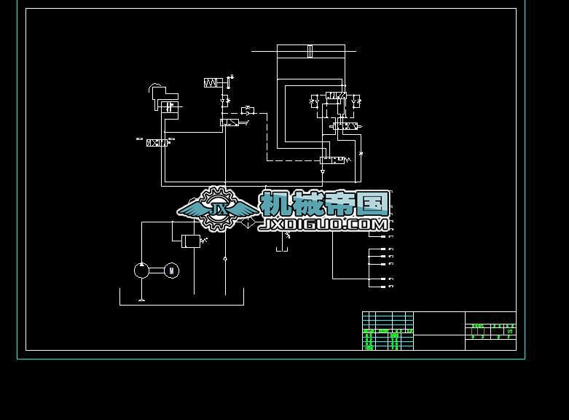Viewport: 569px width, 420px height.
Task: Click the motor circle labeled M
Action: (x=172, y=271)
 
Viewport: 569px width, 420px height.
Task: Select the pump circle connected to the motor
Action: (x=141, y=271)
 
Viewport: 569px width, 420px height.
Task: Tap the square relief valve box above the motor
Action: (x=190, y=241)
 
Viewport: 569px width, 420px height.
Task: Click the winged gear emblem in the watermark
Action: (x=216, y=209)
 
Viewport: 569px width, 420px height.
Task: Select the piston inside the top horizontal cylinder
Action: (x=310, y=51)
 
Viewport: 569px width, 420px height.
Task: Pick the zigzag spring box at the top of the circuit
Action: (x=213, y=83)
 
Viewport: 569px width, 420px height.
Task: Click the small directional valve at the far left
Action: (x=157, y=143)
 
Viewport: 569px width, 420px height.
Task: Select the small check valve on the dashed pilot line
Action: (x=247, y=110)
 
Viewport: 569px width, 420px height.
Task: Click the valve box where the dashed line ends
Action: (x=332, y=160)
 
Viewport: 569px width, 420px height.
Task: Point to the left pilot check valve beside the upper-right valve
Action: (x=315, y=102)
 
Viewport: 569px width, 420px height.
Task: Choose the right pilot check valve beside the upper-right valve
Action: (x=356, y=102)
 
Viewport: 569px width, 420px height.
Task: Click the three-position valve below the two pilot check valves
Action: (x=343, y=127)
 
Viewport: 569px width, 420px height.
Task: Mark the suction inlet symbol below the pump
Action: (x=141, y=298)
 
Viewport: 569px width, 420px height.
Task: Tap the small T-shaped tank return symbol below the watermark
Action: (x=282, y=250)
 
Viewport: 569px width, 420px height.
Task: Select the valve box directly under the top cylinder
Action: (x=336, y=96)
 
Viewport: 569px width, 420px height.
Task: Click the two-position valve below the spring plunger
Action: (x=229, y=123)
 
